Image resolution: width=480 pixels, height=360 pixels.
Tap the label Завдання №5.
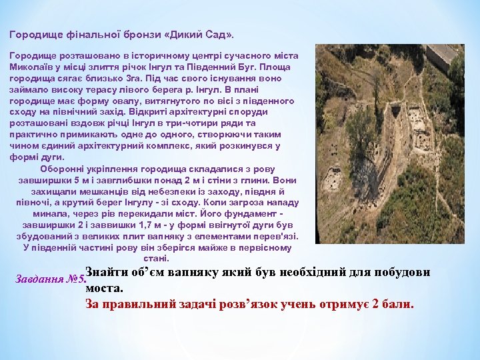pyautogui.click(x=49, y=279)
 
